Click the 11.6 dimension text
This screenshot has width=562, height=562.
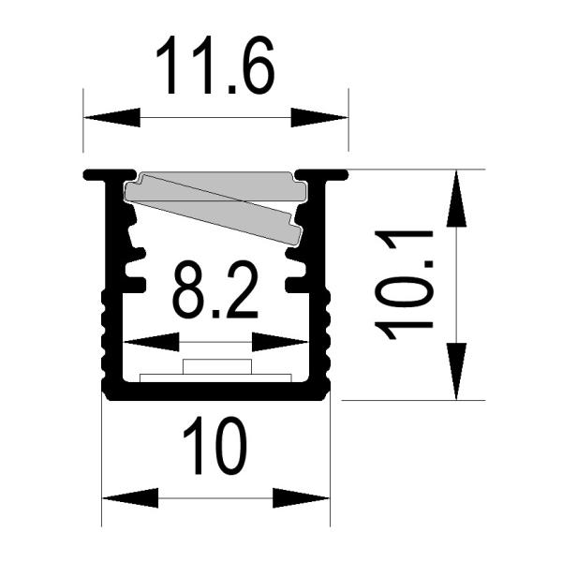click(214, 66)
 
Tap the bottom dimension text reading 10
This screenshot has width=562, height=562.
click(214, 448)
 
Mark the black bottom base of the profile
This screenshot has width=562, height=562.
click(216, 392)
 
